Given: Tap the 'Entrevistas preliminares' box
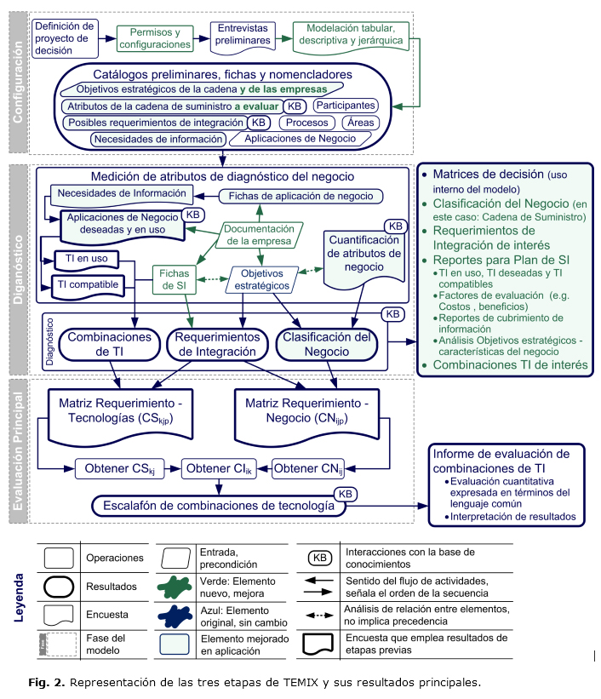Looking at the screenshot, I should tap(244, 34).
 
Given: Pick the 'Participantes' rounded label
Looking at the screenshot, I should tap(345, 106).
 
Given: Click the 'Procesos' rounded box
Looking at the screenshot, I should tap(307, 123).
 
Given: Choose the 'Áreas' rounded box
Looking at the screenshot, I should tap(361, 123).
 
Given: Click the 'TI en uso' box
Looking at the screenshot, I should tap(87, 257).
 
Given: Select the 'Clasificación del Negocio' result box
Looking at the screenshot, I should tap(327, 344).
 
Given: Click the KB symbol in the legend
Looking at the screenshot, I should tap(320, 559).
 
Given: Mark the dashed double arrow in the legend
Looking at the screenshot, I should tap(319, 613).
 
